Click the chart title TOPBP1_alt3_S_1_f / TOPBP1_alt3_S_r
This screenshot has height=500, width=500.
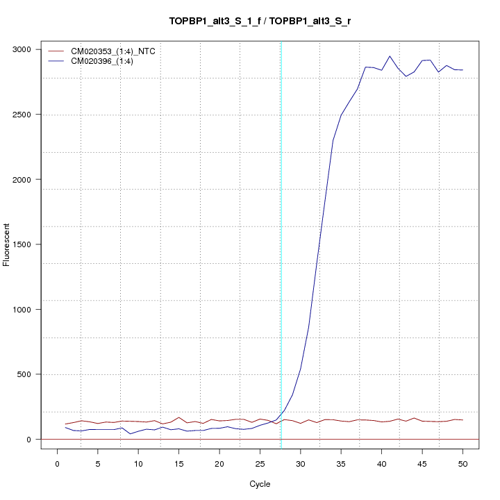tap(264, 21)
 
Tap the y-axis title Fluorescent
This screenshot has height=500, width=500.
tap(8, 244)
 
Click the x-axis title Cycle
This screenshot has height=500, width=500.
tap(260, 484)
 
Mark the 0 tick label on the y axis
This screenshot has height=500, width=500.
tap(30, 440)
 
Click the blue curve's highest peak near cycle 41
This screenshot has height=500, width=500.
tap(390, 56)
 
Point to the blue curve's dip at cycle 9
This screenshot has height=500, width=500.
tap(131, 433)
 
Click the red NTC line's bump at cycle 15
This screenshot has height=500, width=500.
tap(179, 417)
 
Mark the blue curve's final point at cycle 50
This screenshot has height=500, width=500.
tap(462, 70)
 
